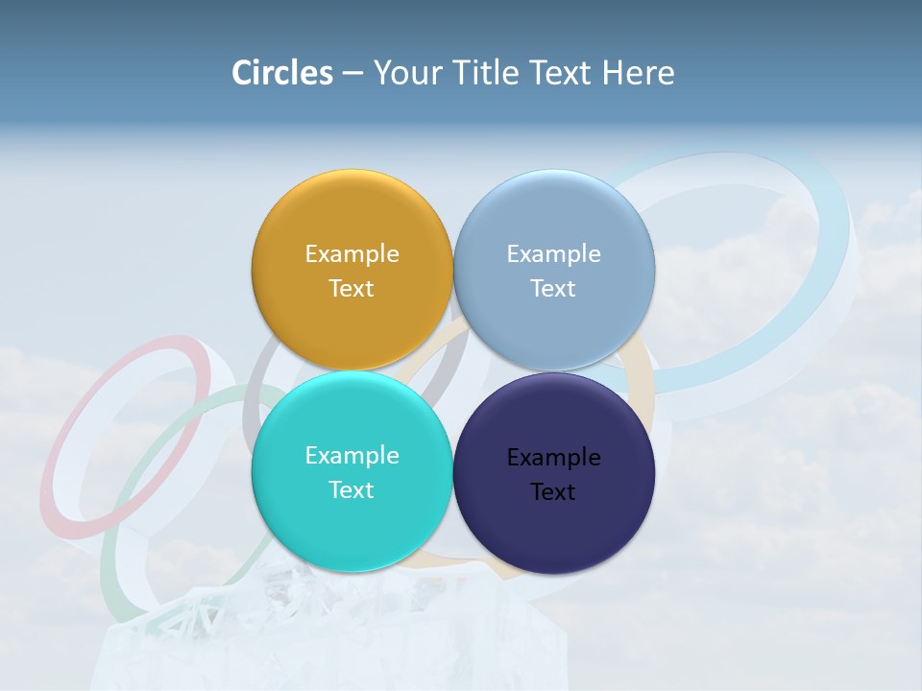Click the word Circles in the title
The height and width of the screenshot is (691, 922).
tap(281, 73)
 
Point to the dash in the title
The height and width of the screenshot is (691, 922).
tap(352, 74)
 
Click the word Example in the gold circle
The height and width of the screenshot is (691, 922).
tap(352, 254)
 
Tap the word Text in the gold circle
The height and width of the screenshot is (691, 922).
tap(352, 289)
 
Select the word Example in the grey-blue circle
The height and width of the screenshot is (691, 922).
tap(553, 254)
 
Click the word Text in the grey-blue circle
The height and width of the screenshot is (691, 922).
tap(553, 289)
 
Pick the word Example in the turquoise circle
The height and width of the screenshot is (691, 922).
tap(352, 456)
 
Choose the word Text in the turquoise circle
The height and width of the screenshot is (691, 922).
tap(352, 490)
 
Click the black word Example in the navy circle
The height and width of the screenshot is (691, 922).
tap(553, 458)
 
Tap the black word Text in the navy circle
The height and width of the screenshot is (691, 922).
tap(553, 492)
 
